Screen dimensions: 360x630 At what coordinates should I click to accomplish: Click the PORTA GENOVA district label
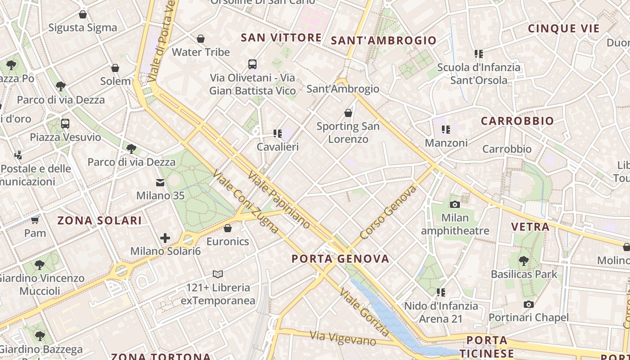coord(340,259)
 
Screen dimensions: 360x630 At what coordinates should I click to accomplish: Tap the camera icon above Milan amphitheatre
coord(455,205)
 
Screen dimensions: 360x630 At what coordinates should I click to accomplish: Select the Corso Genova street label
coord(389,213)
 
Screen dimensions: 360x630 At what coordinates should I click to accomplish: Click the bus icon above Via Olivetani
coord(252,64)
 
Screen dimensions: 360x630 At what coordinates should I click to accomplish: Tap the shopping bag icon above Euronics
coord(228,228)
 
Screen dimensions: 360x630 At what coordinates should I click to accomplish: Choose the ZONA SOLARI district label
coord(99,220)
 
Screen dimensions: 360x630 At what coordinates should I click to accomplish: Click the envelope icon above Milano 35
coord(160,183)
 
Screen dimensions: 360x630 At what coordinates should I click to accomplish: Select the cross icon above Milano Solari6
coord(165,238)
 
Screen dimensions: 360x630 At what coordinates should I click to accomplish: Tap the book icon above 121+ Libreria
coord(218,274)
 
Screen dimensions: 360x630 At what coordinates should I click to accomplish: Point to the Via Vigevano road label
coord(343,338)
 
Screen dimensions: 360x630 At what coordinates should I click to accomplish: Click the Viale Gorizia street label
coord(364,312)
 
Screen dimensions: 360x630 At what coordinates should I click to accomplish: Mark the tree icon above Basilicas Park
coord(523,261)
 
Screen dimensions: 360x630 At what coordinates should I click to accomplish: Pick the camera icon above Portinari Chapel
coord(529,305)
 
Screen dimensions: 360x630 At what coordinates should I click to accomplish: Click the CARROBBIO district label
coord(517,121)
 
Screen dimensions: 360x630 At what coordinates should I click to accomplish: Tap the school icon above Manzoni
coord(446,130)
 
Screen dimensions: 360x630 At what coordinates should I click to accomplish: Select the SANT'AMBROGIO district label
coord(384,40)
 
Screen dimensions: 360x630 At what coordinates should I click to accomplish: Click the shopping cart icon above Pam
coord(35,220)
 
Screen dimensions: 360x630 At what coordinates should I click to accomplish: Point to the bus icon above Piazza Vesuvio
coord(65,123)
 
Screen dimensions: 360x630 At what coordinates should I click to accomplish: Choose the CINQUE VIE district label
coord(564,29)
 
